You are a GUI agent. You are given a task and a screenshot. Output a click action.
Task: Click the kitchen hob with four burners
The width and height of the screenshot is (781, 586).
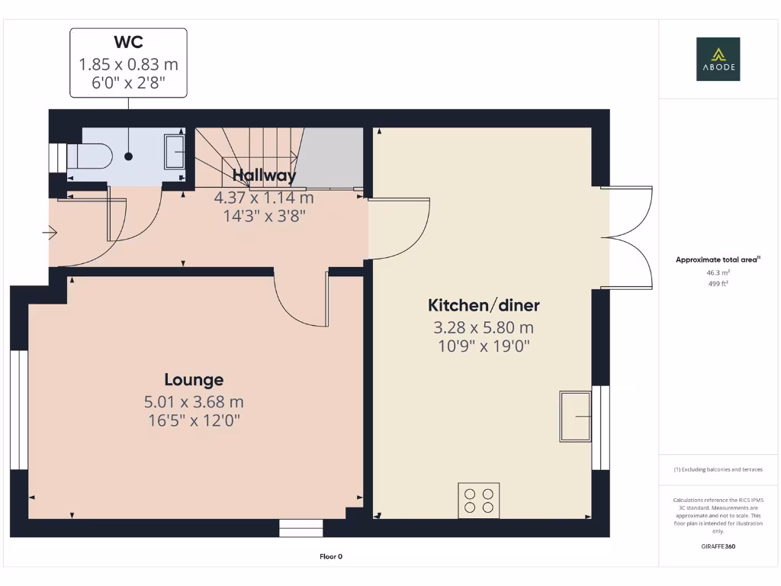[479, 500]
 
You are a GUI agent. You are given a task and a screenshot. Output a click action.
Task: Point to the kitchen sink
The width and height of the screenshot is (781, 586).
[575, 416]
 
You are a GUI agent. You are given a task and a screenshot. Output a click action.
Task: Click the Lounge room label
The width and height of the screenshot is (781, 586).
[194, 379]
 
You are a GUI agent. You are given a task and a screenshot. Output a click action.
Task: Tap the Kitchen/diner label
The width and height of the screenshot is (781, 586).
[484, 306]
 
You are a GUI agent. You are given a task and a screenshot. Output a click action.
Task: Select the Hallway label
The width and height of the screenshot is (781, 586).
[264, 175]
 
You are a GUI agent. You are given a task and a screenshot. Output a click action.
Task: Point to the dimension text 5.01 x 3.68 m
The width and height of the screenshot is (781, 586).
[194, 401]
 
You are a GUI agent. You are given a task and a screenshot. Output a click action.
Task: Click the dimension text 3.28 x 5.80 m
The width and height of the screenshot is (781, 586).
[484, 328]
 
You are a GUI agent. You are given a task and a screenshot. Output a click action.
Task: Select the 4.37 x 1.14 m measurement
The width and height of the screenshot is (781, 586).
[264, 198]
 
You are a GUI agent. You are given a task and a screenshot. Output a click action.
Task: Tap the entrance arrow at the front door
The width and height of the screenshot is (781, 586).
[52, 231]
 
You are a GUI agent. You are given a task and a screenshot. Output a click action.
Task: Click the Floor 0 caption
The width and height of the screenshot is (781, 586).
[331, 556]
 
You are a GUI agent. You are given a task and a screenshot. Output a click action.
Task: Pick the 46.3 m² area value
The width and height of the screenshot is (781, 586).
[718, 272]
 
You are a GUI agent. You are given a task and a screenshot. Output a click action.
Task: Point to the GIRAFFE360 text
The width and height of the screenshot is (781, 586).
[718, 546]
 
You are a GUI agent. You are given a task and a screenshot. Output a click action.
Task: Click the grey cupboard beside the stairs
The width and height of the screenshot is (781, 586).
[330, 157]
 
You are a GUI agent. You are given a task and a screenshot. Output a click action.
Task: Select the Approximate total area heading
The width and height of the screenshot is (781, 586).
[718, 259]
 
